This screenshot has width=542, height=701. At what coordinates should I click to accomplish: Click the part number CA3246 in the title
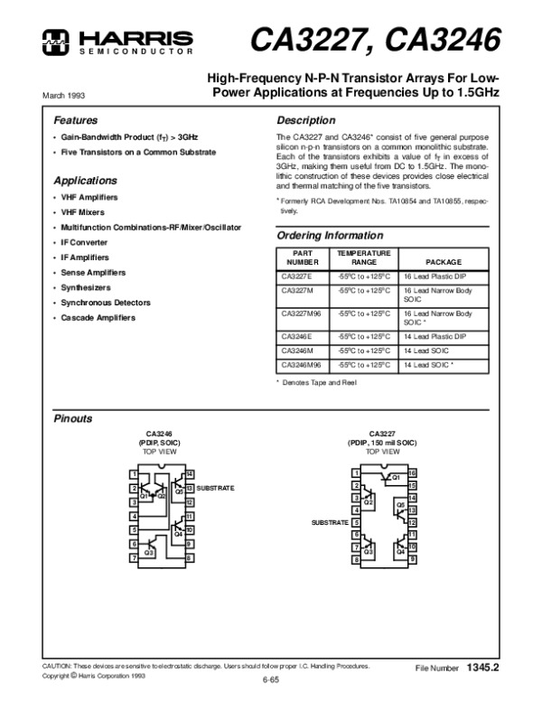pyautogui.click(x=443, y=40)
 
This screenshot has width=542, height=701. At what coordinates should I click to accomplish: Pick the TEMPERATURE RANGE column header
pyautogui.click(x=363, y=257)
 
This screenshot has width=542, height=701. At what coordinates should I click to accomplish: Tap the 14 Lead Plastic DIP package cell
pyautogui.click(x=435, y=334)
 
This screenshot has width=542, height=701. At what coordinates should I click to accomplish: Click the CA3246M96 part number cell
pyautogui.click(x=300, y=365)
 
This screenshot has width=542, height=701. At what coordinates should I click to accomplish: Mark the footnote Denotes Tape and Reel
pyautogui.click(x=317, y=385)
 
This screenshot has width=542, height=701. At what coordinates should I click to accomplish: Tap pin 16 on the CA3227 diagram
pyautogui.click(x=412, y=473)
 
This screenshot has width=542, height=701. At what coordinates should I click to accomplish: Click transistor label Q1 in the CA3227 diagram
pyautogui.click(x=394, y=476)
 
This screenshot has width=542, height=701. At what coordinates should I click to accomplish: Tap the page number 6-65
pyautogui.click(x=270, y=678)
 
